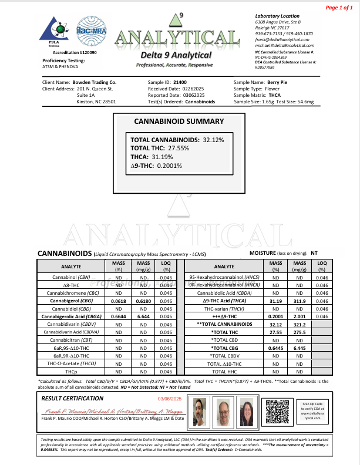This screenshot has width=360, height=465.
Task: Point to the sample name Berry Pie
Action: click(x=277, y=83)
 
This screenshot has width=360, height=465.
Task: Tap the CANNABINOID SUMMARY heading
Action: click(x=179, y=122)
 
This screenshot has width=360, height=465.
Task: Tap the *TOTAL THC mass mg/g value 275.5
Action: click(x=300, y=332)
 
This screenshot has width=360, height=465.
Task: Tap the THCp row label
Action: click(x=71, y=372)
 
